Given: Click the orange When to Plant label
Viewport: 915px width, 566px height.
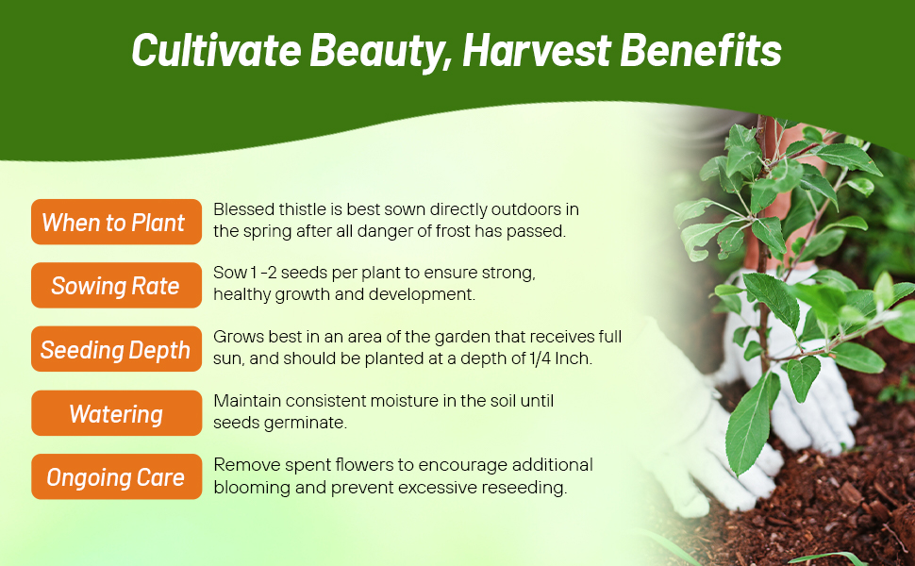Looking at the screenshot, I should [x=116, y=223].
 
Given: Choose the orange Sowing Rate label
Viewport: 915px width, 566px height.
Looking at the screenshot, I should [x=116, y=286].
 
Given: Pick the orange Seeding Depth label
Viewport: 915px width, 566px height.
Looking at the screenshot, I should [x=116, y=350].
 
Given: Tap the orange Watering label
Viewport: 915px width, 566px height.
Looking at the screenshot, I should [x=116, y=413].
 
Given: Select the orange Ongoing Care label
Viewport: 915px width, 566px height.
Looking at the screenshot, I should [x=116, y=477].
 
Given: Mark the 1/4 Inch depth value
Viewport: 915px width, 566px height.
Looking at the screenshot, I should [x=558, y=359].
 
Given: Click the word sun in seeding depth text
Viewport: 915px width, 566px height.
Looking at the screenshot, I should [x=227, y=359].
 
